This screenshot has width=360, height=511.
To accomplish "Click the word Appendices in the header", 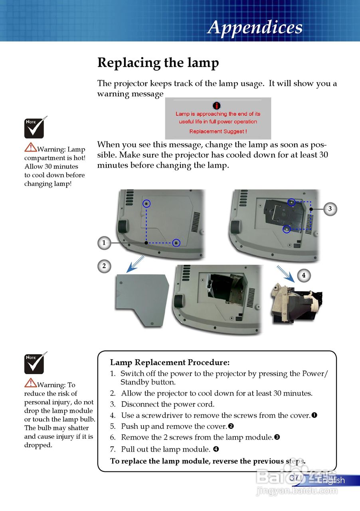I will point(255,28).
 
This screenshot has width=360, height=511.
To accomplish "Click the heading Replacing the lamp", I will point(158,63).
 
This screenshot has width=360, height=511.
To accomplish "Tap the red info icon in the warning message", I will point(217,105).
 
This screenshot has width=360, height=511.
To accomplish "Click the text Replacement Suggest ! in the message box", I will point(218,131).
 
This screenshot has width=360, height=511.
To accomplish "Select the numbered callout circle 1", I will point(104,242).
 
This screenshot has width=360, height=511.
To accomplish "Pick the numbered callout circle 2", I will point(104,266).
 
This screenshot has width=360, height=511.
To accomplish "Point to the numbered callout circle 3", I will point(330,209).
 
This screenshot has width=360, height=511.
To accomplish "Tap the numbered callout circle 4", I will point(304,275).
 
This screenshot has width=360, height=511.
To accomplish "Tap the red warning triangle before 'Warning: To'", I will point(30,383).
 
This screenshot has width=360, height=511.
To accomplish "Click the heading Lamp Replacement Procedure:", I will point(170,362).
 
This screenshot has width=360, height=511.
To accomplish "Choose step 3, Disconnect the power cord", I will point(168,404).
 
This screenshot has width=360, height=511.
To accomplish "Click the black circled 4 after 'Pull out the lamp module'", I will point(216,449).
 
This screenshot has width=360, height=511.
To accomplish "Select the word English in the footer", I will point(331,480).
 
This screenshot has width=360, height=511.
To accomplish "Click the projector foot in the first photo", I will point(123,227).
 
